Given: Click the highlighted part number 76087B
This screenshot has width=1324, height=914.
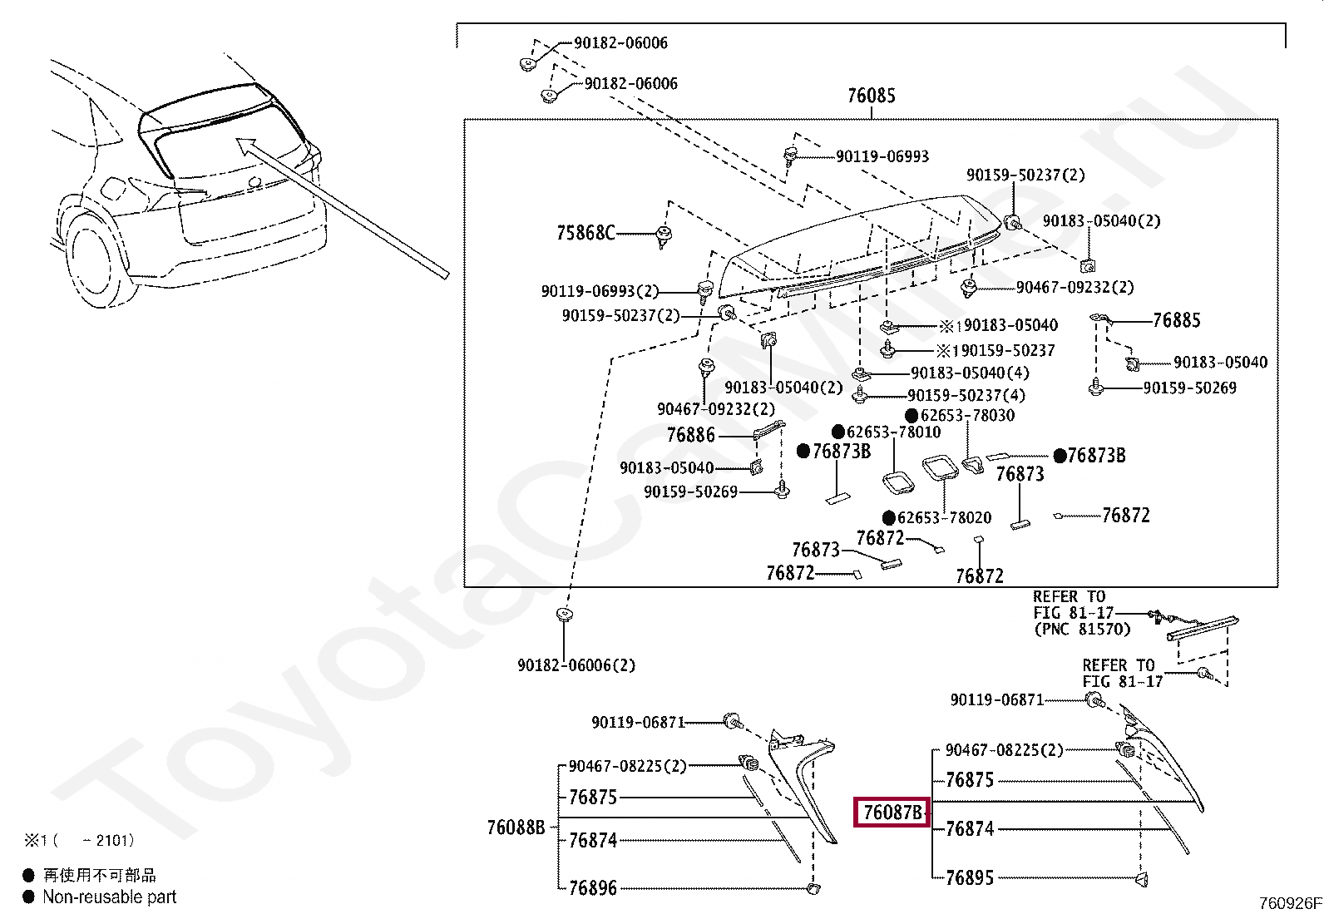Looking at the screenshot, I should pyautogui.click(x=892, y=812).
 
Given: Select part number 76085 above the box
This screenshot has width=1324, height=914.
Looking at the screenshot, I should pyautogui.click(x=871, y=96).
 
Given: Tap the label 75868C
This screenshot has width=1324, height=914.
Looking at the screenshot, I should pyautogui.click(x=585, y=233).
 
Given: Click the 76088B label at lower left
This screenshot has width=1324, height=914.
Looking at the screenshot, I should pyautogui.click(x=516, y=828).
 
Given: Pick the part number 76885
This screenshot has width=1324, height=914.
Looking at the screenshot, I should pyautogui.click(x=1176, y=320).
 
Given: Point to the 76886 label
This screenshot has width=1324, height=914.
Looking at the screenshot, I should pyautogui.click(x=690, y=435).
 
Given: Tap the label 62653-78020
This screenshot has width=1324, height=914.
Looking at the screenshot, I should pyautogui.click(x=944, y=517).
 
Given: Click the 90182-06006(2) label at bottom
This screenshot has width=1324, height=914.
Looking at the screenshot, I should pyautogui.click(x=576, y=665).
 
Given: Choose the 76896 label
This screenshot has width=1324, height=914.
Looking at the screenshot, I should pyautogui.click(x=592, y=888).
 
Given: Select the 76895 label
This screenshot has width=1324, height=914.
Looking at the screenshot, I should pyautogui.click(x=969, y=877).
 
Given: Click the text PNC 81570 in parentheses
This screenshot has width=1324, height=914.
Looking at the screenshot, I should pyautogui.click(x=1082, y=629).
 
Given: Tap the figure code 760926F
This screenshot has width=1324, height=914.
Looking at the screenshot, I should pyautogui.click(x=1288, y=903).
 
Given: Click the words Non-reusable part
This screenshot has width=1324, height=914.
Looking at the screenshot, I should pyautogui.click(x=109, y=897).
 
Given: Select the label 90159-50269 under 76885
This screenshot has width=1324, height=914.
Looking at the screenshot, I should pyautogui.click(x=1189, y=388).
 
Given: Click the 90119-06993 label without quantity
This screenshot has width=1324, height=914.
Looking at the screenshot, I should pyautogui.click(x=882, y=156).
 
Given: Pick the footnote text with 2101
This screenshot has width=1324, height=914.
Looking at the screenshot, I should pyautogui.click(x=79, y=841).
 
